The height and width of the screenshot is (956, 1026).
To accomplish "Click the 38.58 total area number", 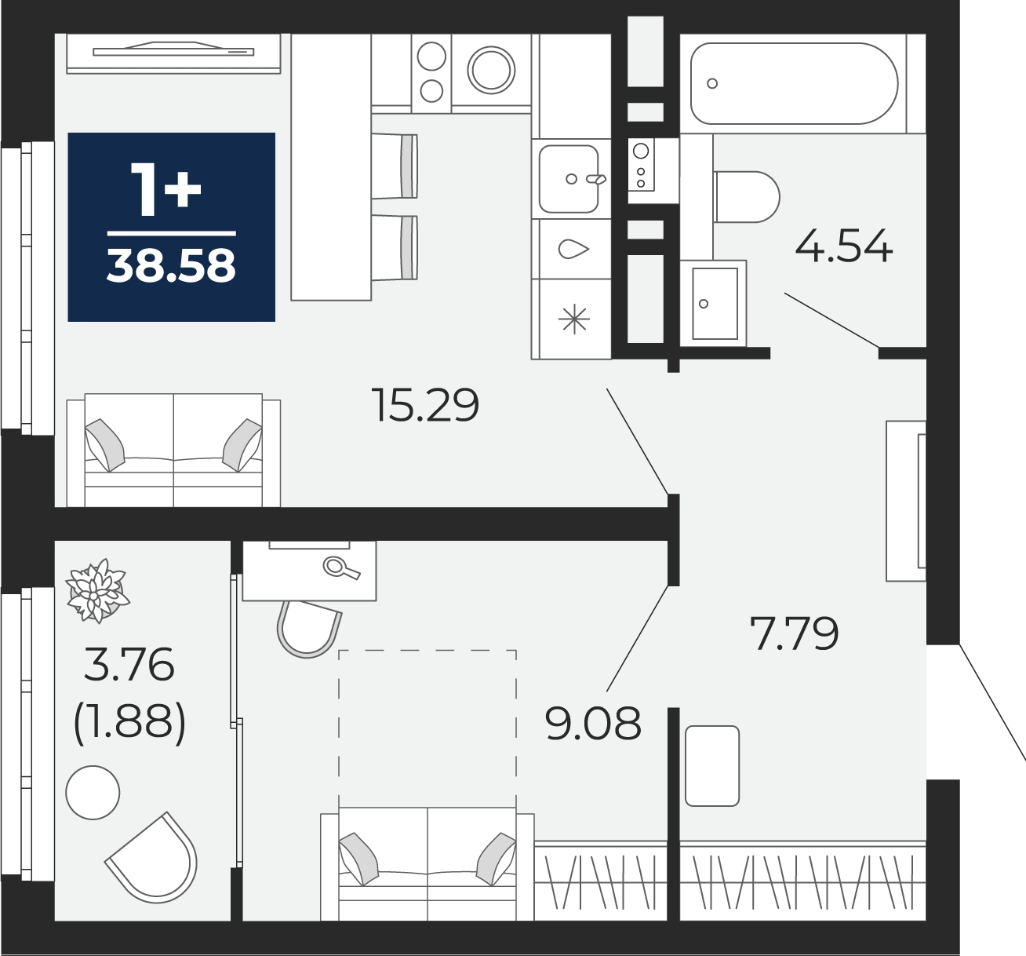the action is pos(171,266).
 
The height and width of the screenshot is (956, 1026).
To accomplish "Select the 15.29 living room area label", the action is pos(425,405).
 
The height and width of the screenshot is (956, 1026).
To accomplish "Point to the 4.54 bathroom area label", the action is pos(844,246).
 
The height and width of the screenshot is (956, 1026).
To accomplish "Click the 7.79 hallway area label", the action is pos(794,633).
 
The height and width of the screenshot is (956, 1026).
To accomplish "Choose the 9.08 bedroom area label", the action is pos(593,723).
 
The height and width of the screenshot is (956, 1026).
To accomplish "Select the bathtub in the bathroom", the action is pos(794,83).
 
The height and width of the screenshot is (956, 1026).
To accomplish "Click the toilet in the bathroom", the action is pos(747,197).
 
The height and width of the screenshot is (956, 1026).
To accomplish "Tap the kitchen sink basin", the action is pos(568,179).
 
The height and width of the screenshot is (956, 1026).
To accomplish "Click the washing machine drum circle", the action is pos(491,71).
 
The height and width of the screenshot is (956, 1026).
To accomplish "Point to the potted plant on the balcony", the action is pos(97,590).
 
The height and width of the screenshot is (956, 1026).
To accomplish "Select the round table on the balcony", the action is pos(93,793).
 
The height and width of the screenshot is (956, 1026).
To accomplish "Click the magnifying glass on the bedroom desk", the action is pos(341,567).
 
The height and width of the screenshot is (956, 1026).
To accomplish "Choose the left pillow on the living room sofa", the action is pos(105,445).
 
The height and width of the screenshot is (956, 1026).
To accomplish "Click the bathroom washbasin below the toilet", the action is pos(715,304).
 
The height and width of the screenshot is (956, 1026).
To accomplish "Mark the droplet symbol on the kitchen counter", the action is pos(573,250).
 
